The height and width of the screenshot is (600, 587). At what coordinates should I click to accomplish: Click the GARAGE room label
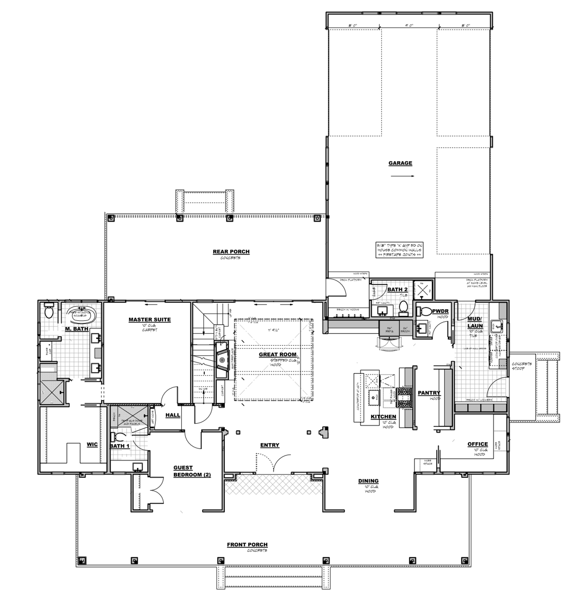pos(400,163)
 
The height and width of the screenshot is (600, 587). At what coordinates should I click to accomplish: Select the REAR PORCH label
pos(231,252)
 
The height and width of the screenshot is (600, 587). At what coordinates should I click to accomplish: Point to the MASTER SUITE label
pos(149,319)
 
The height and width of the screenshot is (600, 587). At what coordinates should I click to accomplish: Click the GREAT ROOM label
pos(278,354)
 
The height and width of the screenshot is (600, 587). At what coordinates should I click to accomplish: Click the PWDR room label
pos(440,311)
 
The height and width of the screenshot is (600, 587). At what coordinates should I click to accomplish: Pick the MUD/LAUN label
pos(475,322)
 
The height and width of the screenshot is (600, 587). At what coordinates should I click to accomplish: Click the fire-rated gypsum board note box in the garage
pos(399,250)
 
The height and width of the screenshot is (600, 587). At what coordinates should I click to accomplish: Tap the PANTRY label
pos(429,393)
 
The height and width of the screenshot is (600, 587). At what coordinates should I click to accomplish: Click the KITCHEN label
pos(383,417)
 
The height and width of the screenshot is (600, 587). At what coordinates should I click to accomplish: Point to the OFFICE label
pos(477,444)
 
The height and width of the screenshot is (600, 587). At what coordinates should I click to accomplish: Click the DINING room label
pos(368,481)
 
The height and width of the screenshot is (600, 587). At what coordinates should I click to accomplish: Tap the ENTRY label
pos(270,445)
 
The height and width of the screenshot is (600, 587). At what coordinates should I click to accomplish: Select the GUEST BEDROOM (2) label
pos(192,471)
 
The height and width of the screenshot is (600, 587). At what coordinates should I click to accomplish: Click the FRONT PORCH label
pos(247,544)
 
